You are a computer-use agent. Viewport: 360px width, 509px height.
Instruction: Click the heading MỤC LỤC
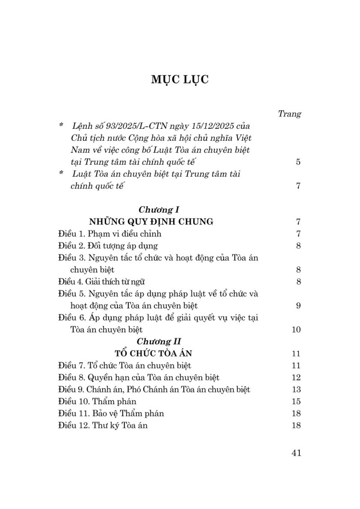pos(180,80)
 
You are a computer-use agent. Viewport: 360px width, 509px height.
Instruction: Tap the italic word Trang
pos(289,114)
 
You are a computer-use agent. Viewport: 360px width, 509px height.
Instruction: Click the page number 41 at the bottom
pos(296,453)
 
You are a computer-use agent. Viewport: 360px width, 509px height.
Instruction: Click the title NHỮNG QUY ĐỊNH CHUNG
pos(151,222)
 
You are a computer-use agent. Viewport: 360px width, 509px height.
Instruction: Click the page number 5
pos(298,162)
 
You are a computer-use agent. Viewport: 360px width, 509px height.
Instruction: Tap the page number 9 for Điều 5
pos(298,306)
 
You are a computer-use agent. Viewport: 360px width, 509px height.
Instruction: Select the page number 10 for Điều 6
pos(296,330)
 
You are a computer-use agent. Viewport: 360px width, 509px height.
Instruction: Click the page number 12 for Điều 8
pos(296,377)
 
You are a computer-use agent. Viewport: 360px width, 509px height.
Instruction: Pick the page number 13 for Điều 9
pos(296,389)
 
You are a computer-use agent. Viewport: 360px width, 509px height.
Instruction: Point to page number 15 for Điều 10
pos(296,401)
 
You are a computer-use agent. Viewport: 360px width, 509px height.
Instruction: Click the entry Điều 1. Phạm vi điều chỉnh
pos(110,234)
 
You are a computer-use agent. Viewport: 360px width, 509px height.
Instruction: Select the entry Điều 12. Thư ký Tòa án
pos(103,425)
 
